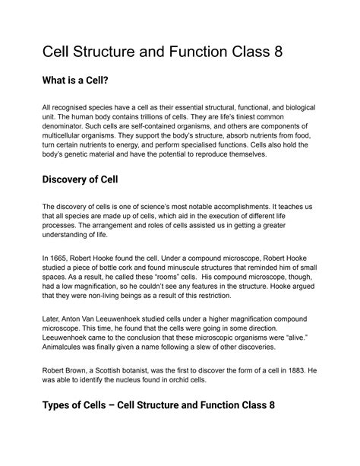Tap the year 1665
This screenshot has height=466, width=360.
pos(58,259)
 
